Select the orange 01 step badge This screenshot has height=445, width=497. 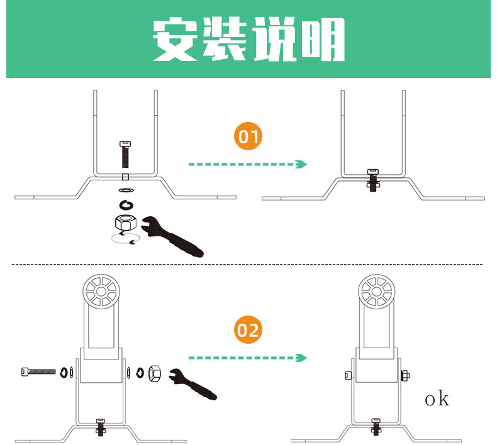point(248,137)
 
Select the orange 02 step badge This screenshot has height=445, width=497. point(248,330)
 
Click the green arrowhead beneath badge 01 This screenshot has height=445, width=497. point(303,164)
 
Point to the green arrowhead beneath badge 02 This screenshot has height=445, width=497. point(303,358)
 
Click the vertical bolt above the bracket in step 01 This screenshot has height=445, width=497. point(125,153)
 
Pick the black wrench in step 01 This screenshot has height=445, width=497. point(172,236)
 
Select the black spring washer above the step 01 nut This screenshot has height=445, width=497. point(126,203)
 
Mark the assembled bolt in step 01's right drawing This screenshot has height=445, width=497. point(373,179)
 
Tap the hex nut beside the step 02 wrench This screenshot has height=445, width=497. point(155,374)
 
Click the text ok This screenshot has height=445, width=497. point(437,398)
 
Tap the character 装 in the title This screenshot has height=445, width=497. point(225,41)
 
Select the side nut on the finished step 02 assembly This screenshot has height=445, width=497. point(405,375)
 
